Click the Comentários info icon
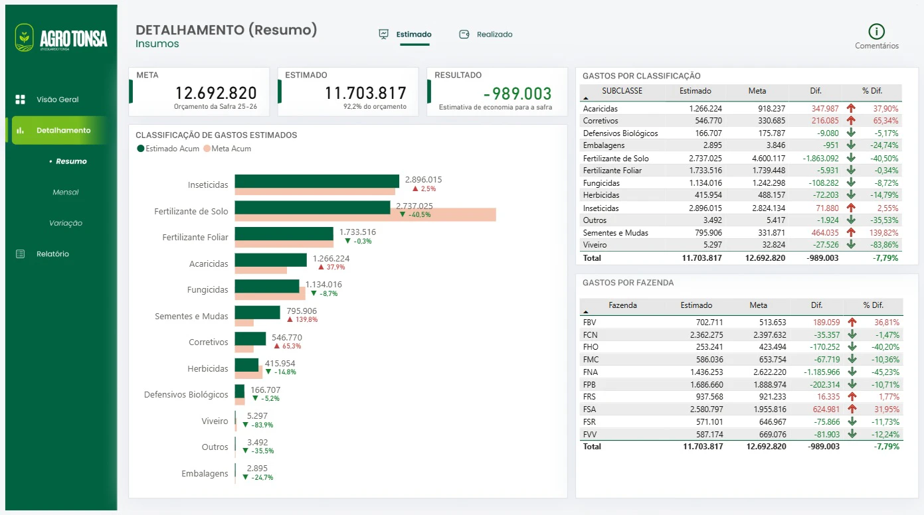pyautogui.click(x=876, y=31)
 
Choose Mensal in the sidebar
pyautogui.click(x=66, y=192)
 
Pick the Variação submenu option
pyautogui.click(x=66, y=223)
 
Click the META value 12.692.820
pyautogui.click(x=216, y=93)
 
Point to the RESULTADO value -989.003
pyautogui.click(x=517, y=94)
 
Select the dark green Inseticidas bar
pyautogui.click(x=317, y=181)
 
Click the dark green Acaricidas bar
pyautogui.click(x=270, y=260)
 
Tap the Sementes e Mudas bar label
pyautogui.click(x=191, y=316)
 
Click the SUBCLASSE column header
pyautogui.click(x=622, y=91)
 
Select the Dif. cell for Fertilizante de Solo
pyautogui.click(x=820, y=158)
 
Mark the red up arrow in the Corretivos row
pyautogui.click(x=850, y=121)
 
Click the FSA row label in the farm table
pyautogui.click(x=589, y=409)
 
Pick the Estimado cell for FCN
pyautogui.click(x=706, y=335)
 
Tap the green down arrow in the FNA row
pyautogui.click(x=852, y=372)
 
